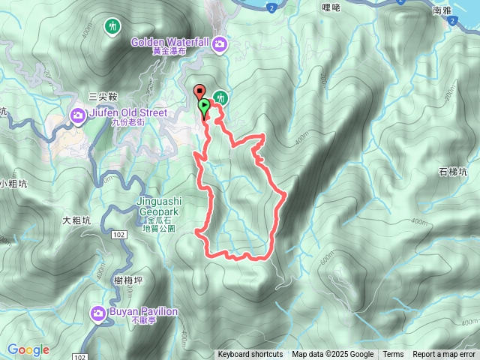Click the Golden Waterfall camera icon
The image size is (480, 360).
click(x=220, y=44)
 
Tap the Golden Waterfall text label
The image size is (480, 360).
click(x=169, y=42)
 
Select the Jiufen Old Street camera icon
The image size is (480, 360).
click(x=79, y=115)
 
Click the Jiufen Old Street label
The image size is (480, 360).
click(x=127, y=112)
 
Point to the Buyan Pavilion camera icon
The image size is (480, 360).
click(x=98, y=313)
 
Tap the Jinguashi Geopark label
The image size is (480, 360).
click(x=157, y=206)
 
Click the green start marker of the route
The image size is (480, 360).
click(x=204, y=107)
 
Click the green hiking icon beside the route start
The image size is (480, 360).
click(x=220, y=97)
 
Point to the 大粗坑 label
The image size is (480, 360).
click(x=76, y=220)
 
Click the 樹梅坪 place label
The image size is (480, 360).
click(x=129, y=280)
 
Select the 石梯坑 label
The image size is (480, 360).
click(x=453, y=172)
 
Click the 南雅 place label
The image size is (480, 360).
click(x=463, y=11)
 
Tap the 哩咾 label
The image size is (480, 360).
click(x=331, y=8)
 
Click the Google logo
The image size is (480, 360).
click(x=28, y=349)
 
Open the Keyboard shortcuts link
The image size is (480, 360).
click(x=250, y=355)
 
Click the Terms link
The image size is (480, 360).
click(x=393, y=355)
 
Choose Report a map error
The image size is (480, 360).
click(x=445, y=355)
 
